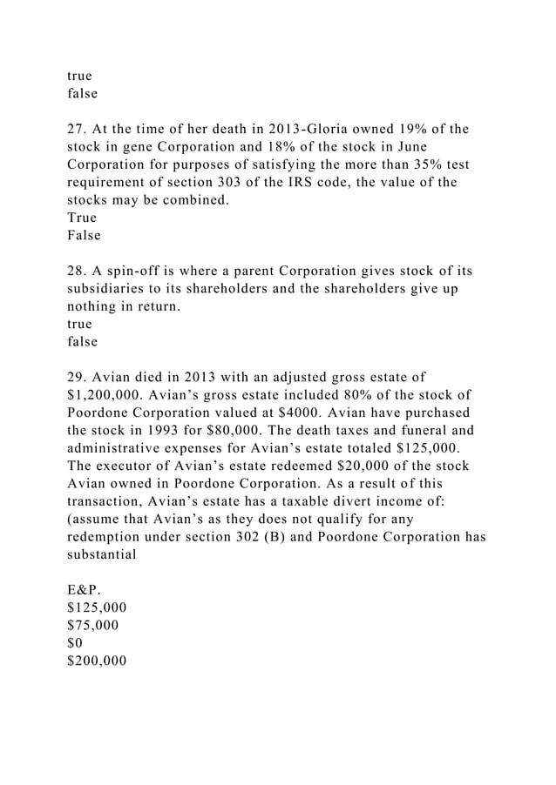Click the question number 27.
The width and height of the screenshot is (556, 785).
point(78,130)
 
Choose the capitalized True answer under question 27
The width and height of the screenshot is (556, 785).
point(82,218)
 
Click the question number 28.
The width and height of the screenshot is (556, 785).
point(78,272)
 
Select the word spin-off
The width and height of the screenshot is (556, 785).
point(139,272)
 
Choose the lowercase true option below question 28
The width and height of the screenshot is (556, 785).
point(80,324)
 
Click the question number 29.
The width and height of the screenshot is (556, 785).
point(78,378)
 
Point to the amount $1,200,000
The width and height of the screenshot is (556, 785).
point(109,395)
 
